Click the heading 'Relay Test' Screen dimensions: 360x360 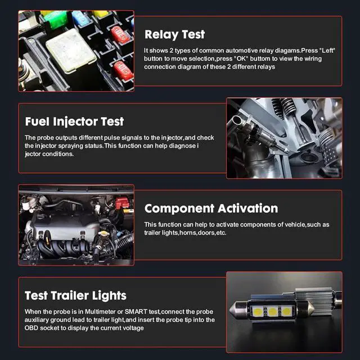(x=174, y=34)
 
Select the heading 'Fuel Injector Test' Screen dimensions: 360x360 (x=74, y=121)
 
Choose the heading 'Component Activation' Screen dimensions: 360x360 (x=211, y=208)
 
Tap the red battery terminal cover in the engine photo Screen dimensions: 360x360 (x=121, y=202)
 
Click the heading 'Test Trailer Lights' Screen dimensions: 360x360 (x=75, y=295)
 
